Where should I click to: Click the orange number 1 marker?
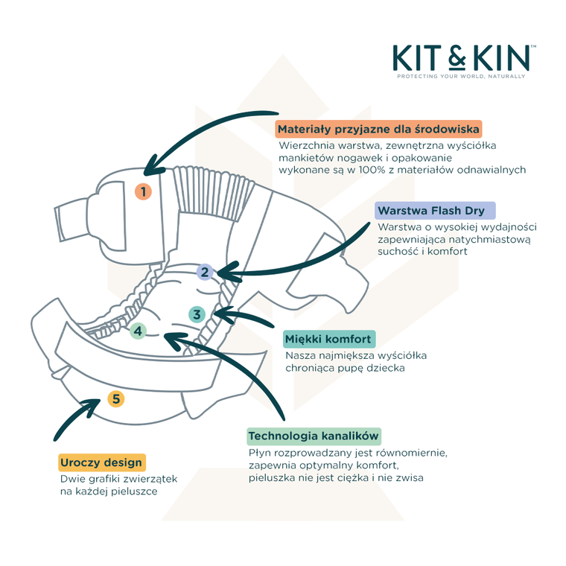pos(143,191)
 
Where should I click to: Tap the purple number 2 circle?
pos(205,272)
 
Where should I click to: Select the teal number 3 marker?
pos(197,314)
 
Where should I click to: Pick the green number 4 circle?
pos(137,331)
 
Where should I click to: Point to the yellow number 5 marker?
pos(115,399)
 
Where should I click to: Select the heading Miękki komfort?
pos(328,340)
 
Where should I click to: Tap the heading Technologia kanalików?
pos(314,436)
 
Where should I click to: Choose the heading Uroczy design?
pos(101,462)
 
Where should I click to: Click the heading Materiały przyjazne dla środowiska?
pos(379,128)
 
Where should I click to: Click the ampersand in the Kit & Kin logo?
pos(462,57)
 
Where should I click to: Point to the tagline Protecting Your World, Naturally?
pos(461,77)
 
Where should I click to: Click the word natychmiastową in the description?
pos(492,239)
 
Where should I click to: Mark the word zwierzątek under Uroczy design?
pos(151,479)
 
